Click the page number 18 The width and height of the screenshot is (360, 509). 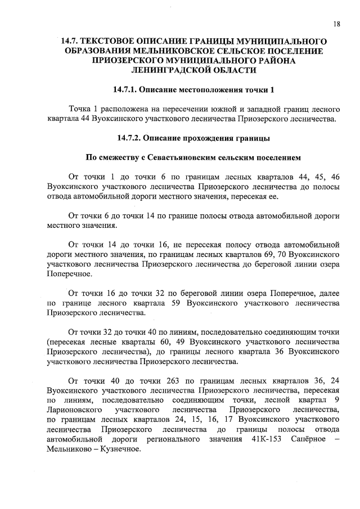point(336,24)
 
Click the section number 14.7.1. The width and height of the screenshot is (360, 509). point(125,90)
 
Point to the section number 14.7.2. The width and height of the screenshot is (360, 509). point(130,137)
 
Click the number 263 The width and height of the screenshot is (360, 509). point(165,380)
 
